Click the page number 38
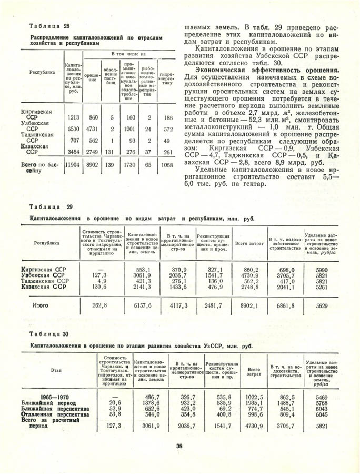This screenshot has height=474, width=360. pyautogui.click(x=179, y=447)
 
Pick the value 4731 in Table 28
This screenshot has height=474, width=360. pyautogui.click(x=93, y=129)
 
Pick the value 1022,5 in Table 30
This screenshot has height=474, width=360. pyautogui.click(x=254, y=396)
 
